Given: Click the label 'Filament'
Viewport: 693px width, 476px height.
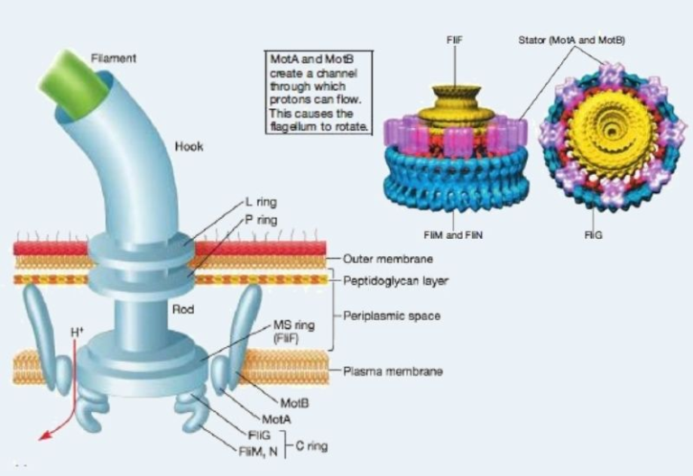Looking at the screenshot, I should point(114,59).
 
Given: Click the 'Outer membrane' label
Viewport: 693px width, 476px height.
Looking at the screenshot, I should point(389,259).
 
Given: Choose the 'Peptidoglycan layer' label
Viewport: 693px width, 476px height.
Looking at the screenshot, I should point(395,280).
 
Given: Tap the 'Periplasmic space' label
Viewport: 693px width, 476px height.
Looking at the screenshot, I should point(391,316).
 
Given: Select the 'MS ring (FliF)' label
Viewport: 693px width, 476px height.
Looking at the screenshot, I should point(293,330).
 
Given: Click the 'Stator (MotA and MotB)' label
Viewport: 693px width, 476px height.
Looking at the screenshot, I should point(572,41).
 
